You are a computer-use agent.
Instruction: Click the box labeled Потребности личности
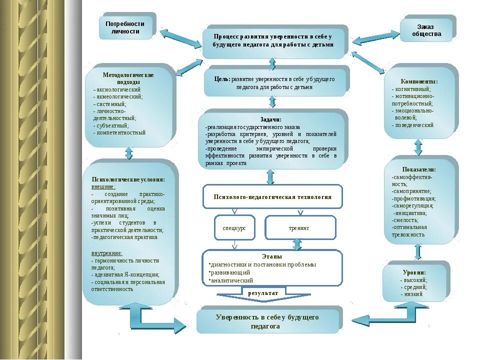(125, 27)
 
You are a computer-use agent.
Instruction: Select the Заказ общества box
(426, 30)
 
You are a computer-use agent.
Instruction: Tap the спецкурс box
(234, 227)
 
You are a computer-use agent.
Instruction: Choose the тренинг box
(299, 227)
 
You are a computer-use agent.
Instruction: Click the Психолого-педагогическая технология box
(272, 196)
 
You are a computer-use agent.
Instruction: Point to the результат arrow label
(263, 291)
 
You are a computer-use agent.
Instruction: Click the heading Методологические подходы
(128, 78)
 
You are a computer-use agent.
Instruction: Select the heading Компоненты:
(419, 81)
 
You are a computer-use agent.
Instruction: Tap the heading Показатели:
(419, 169)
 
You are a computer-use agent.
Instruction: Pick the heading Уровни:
(414, 272)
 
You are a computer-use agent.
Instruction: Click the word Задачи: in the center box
(271, 119)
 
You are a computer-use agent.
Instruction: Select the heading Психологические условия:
(128, 179)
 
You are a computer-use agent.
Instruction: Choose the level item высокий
(415, 280)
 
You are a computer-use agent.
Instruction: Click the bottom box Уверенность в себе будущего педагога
(267, 321)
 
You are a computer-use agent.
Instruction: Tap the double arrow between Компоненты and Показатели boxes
(418, 147)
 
